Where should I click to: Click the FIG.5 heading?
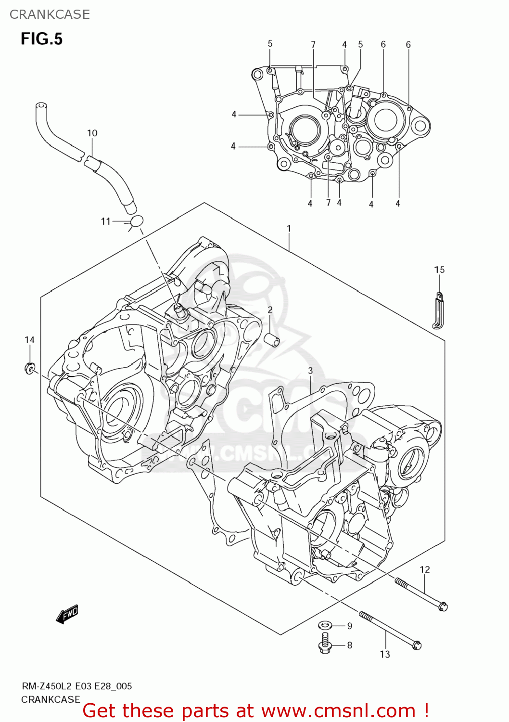click(41, 39)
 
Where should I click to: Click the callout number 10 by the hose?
click(92, 133)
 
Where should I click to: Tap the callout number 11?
click(106, 221)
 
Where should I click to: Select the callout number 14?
click(29, 340)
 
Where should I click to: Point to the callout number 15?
click(439, 270)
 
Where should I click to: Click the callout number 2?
click(270, 309)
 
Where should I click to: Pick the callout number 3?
click(310, 370)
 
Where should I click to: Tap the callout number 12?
click(424, 569)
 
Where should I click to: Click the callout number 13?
click(385, 654)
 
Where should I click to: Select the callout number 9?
click(350, 626)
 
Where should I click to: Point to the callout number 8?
click(350, 645)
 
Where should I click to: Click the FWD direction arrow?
click(67, 614)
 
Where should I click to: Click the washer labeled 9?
click(325, 625)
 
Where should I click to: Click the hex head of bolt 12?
click(443, 606)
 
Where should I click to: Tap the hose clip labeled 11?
click(136, 221)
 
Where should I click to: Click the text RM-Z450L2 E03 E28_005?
click(77, 686)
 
